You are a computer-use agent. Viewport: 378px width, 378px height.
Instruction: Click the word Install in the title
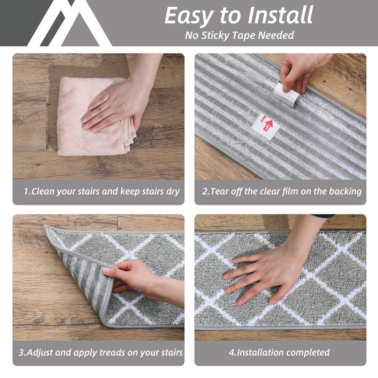point(280,15)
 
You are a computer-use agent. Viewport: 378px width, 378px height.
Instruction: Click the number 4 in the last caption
point(232,352)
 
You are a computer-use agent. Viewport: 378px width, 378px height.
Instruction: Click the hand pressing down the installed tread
point(265,274)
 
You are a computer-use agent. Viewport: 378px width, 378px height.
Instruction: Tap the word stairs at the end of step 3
point(170,352)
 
